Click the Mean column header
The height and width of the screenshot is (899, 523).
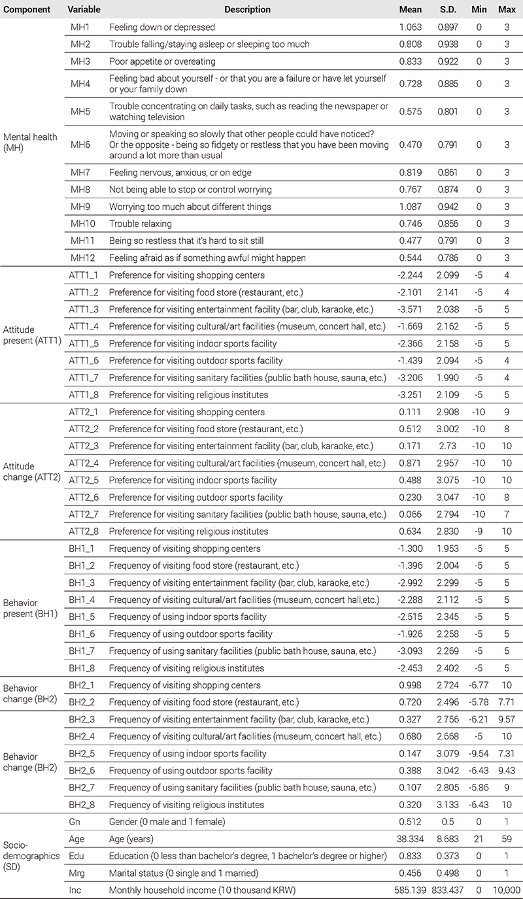pos(411,10)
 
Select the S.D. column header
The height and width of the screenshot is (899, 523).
pos(450,10)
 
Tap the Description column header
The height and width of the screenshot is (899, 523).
pos(247,10)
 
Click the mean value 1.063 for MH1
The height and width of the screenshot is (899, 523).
pos(411,27)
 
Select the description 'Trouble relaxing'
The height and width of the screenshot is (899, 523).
pos(137,224)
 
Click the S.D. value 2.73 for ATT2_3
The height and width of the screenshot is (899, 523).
pos(450,446)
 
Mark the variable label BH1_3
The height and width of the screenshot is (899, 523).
pos(84,583)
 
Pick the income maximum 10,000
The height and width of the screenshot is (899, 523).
pos(505,890)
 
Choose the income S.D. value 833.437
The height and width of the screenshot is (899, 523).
pos(448,890)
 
